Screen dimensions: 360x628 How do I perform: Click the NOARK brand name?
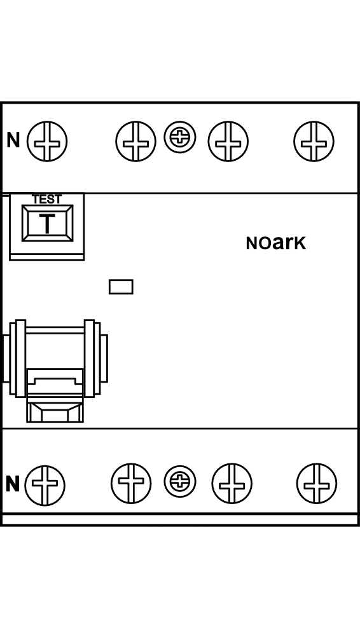coord(276,243)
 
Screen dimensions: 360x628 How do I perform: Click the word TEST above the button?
coord(47,199)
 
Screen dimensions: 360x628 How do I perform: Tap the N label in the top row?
coord(13,140)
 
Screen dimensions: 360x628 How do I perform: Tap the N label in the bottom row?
coord(13,484)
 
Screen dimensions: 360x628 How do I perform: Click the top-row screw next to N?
coord(47,141)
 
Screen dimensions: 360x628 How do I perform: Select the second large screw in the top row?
coord(136,141)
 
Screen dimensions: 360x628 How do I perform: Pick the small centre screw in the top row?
coord(180,137)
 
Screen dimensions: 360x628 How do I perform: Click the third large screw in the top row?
coord(228,141)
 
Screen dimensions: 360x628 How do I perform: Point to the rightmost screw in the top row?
coord(314,141)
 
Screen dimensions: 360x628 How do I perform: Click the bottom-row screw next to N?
coord(45,485)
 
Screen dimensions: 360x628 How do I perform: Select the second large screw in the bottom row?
coord(131,484)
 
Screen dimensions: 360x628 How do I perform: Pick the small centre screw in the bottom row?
coord(180,481)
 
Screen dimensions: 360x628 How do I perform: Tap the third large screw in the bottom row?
coord(232,484)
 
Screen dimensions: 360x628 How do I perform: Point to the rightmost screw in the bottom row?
coord(317,484)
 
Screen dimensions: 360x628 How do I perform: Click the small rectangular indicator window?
coord(121,287)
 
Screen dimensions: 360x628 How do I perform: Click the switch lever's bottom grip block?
coord(55,410)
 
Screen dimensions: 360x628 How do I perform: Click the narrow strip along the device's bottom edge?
coord(180,519)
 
